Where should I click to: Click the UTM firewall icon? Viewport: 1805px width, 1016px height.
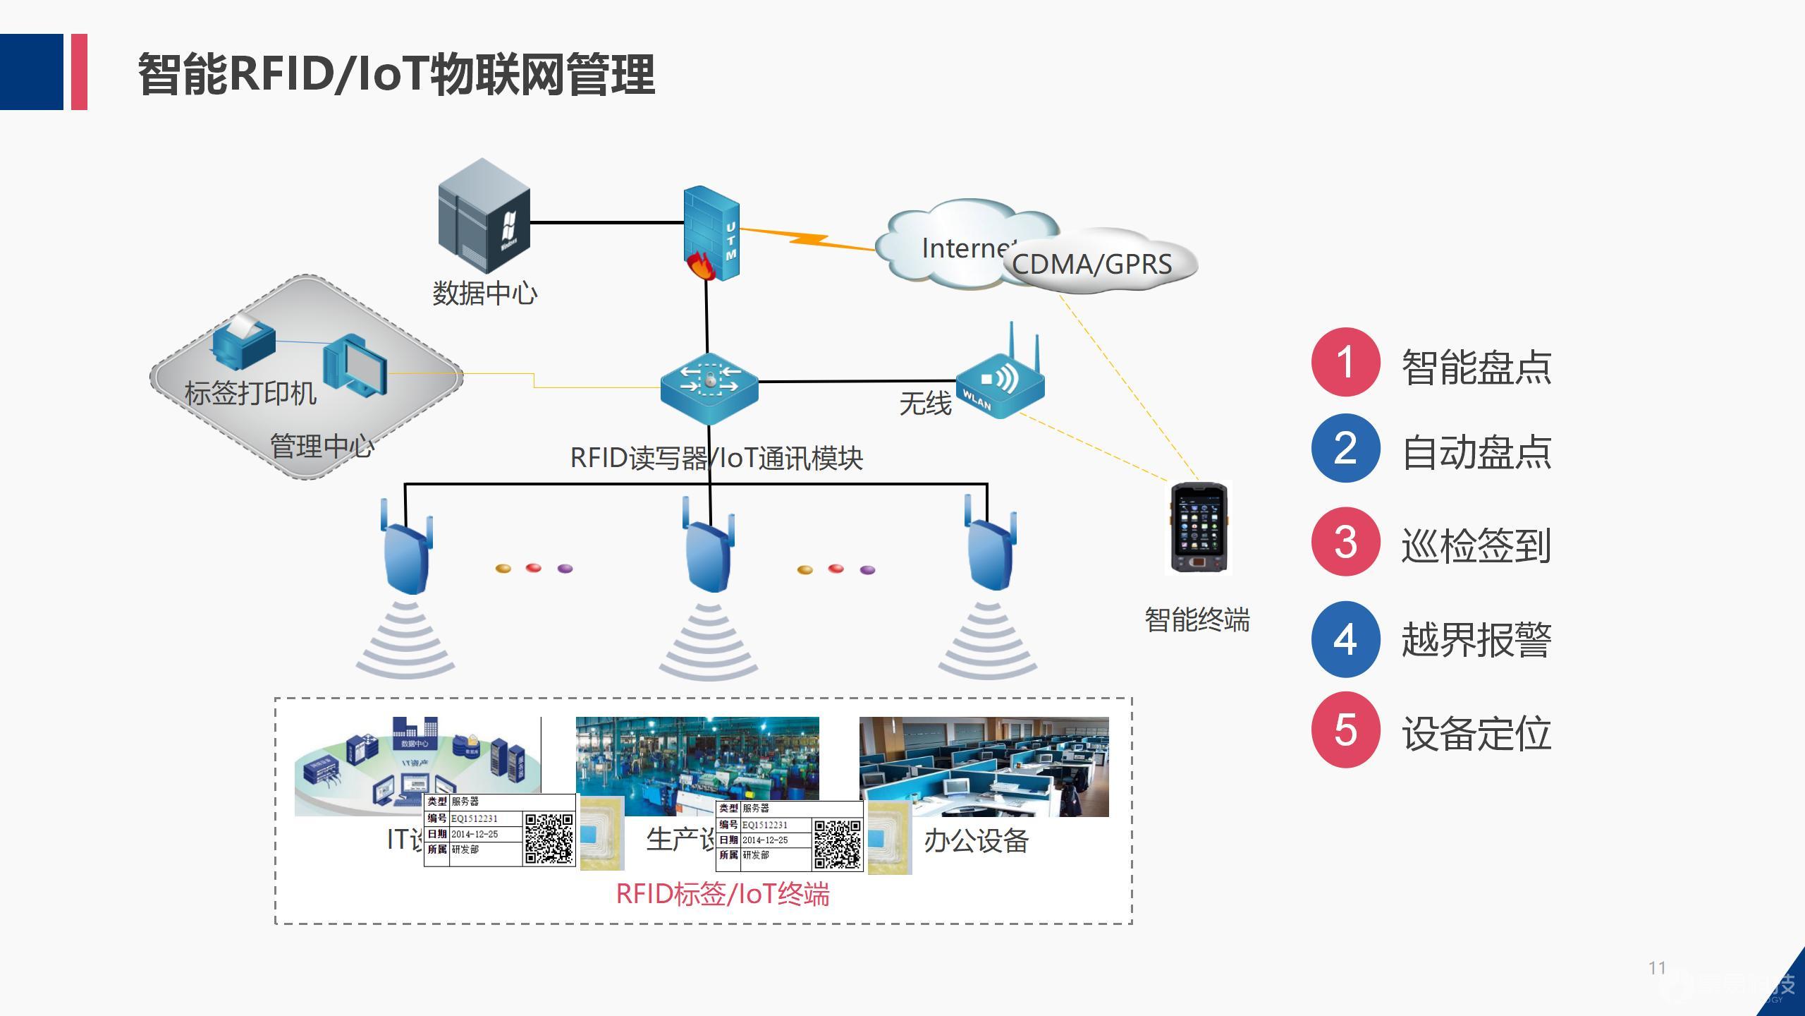point(711,233)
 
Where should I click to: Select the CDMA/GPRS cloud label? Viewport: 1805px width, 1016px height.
point(1091,264)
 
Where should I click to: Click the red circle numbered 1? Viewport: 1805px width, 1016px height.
point(1345,362)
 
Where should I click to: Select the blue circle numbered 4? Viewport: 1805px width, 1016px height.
point(1345,639)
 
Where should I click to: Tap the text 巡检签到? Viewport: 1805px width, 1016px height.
point(1476,545)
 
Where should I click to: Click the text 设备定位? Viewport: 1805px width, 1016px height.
point(1476,733)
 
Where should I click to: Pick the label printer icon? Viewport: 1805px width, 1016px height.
point(243,343)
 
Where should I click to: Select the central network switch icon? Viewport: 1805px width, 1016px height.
point(709,387)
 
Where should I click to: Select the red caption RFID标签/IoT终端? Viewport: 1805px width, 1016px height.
point(722,894)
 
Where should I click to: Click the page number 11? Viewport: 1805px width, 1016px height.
point(1657,968)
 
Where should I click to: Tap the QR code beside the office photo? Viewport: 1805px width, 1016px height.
point(837,844)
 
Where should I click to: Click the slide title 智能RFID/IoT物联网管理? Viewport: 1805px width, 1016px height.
point(396,74)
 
